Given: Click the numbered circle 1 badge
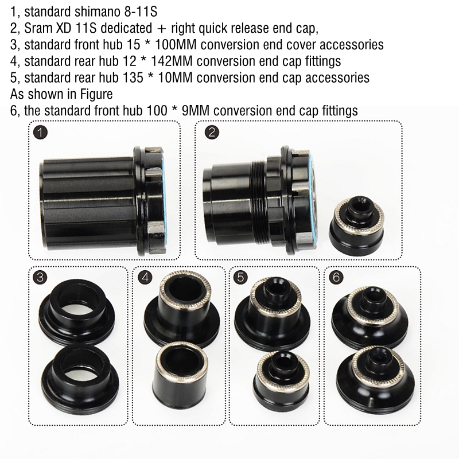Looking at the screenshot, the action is coord(40,132).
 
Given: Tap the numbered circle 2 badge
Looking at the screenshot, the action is coord(212,132).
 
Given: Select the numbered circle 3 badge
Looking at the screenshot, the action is coord(40,277).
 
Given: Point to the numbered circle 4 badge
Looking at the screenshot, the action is coord(145,277).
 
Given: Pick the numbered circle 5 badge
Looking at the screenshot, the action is coord(240,277).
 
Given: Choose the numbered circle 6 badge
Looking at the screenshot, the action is coord(336,277).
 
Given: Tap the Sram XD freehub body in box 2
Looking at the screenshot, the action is coord(259,201).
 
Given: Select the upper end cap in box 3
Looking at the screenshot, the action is coord(77,311).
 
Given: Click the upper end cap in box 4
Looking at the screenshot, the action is coord(182,310).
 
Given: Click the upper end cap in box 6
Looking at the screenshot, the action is coord(370,318).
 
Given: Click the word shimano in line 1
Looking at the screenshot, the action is coord(96,12).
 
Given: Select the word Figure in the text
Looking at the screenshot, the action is coord(96,95).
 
